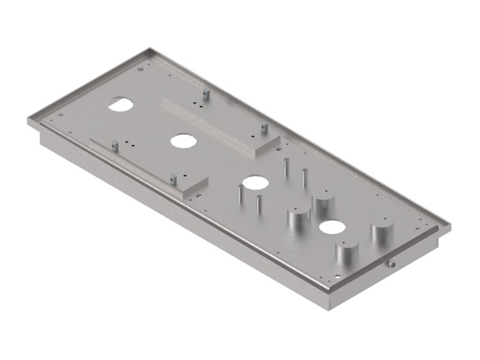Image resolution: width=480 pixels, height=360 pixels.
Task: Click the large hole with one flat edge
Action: pos(121,103)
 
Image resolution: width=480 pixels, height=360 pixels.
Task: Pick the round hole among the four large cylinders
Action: pos(332,227)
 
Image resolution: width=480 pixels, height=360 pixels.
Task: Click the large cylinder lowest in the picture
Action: pos(346,255)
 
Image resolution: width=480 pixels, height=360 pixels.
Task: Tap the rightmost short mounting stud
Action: pos(263,128)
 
